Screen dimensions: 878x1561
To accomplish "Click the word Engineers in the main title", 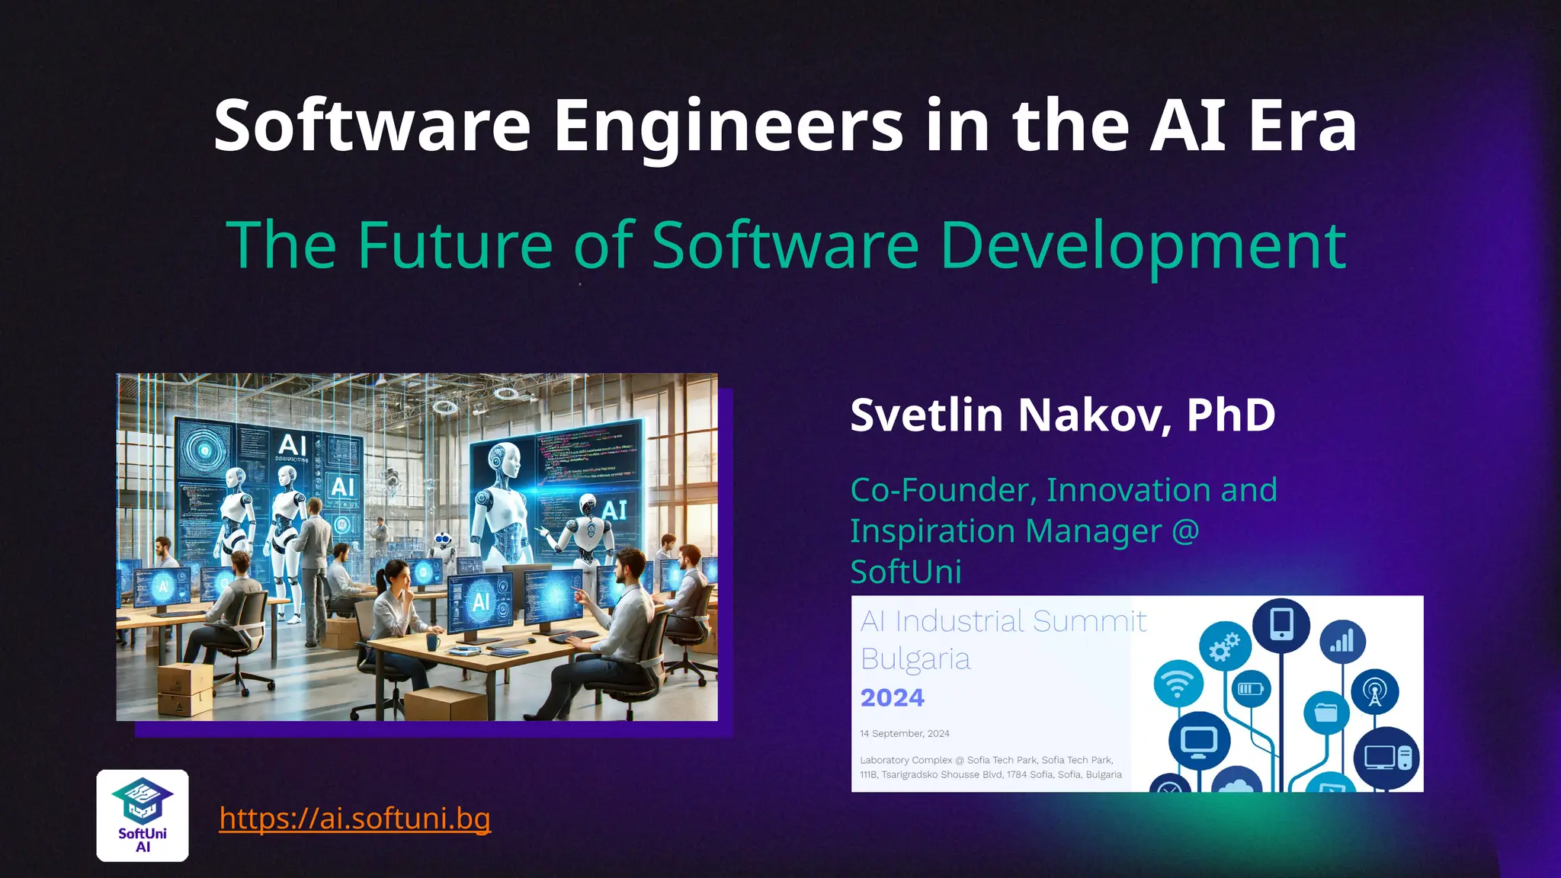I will coord(728,126).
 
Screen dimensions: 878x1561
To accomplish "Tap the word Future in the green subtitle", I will coord(455,245).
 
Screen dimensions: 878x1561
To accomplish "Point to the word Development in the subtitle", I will coord(1143,245).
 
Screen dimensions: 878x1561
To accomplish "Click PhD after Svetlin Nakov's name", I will coord(1230,415).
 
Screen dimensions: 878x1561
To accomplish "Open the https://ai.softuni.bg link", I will coord(354,818).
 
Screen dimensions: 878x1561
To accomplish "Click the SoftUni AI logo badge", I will coord(143,816).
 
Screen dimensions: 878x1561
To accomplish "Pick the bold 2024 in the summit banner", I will coord(892,697).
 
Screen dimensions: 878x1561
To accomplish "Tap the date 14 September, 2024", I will coord(905,733).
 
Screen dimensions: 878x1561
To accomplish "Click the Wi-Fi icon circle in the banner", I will coord(1178,684).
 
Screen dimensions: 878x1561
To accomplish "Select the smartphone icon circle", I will coord(1281,625).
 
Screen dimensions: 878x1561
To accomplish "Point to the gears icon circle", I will coord(1225,647).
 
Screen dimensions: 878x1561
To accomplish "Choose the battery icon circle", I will coord(1251,689).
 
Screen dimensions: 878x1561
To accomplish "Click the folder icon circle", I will coord(1326,713).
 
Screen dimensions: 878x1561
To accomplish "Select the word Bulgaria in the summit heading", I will coord(915,659).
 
